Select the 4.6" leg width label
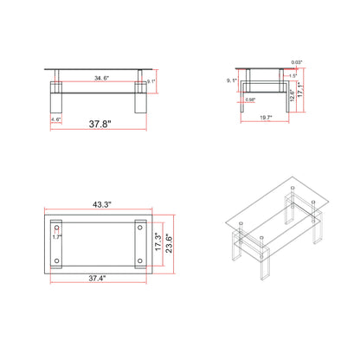[55, 120]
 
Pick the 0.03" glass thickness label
[298, 62]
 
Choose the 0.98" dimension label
[250, 100]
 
